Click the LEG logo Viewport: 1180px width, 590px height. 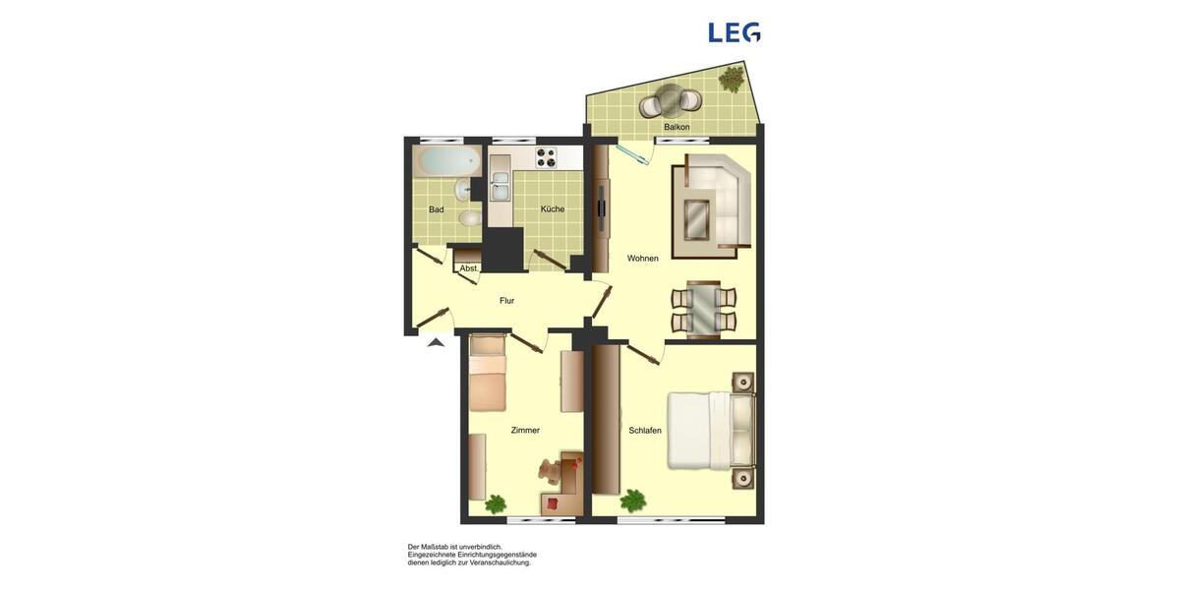734,32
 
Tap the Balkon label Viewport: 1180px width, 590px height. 677,127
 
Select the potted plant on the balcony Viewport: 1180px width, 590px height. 732,78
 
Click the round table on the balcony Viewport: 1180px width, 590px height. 669,98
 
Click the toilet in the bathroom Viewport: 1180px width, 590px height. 470,217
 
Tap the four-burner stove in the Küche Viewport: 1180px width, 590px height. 546,157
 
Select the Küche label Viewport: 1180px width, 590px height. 553,208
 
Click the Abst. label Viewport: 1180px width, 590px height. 469,268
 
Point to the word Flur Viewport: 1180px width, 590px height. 506,301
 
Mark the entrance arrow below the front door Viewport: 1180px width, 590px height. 436,342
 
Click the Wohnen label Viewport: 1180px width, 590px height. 642,259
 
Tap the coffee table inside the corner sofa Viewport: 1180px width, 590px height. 697,218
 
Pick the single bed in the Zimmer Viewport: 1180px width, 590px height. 487,374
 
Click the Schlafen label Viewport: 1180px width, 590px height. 645,431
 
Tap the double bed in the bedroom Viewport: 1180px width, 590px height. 710,430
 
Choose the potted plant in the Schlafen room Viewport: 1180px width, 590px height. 633,501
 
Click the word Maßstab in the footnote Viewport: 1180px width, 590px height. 435,547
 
